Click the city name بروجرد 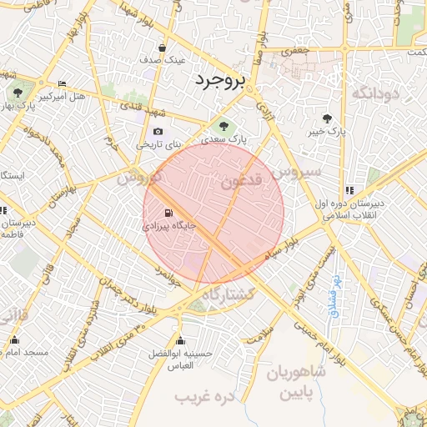(219, 81)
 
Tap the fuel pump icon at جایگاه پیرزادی (170, 213)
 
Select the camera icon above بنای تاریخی (158, 131)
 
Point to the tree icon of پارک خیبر (327, 118)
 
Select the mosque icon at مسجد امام (14, 340)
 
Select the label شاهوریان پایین (296, 383)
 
